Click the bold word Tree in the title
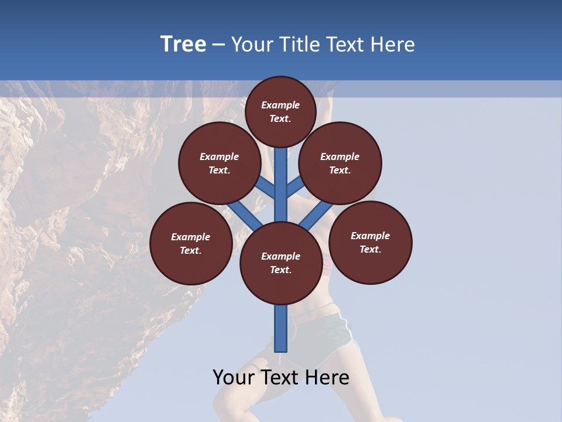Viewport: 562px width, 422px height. pyautogui.click(x=183, y=44)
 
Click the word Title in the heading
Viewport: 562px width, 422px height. pyautogui.click(x=299, y=44)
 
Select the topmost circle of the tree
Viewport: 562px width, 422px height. pyautogui.click(x=280, y=111)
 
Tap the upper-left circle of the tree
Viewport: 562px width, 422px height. pyautogui.click(x=219, y=163)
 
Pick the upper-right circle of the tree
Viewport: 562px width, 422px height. pyautogui.click(x=340, y=163)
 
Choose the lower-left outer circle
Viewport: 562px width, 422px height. pyautogui.click(x=191, y=243)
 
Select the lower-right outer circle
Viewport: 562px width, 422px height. pyautogui.click(x=371, y=242)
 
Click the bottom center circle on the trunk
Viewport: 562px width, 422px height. pyautogui.click(x=280, y=263)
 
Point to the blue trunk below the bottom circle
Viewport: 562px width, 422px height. pyautogui.click(x=281, y=328)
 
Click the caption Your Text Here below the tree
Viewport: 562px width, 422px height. pyautogui.click(x=281, y=377)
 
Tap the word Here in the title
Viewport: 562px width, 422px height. pyautogui.click(x=393, y=44)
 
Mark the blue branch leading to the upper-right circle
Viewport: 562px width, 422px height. pyautogui.click(x=296, y=185)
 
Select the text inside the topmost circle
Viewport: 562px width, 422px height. pyautogui.click(x=280, y=111)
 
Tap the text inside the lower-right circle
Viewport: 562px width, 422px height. pyautogui.click(x=371, y=242)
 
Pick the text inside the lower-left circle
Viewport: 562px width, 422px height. pyautogui.click(x=191, y=243)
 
